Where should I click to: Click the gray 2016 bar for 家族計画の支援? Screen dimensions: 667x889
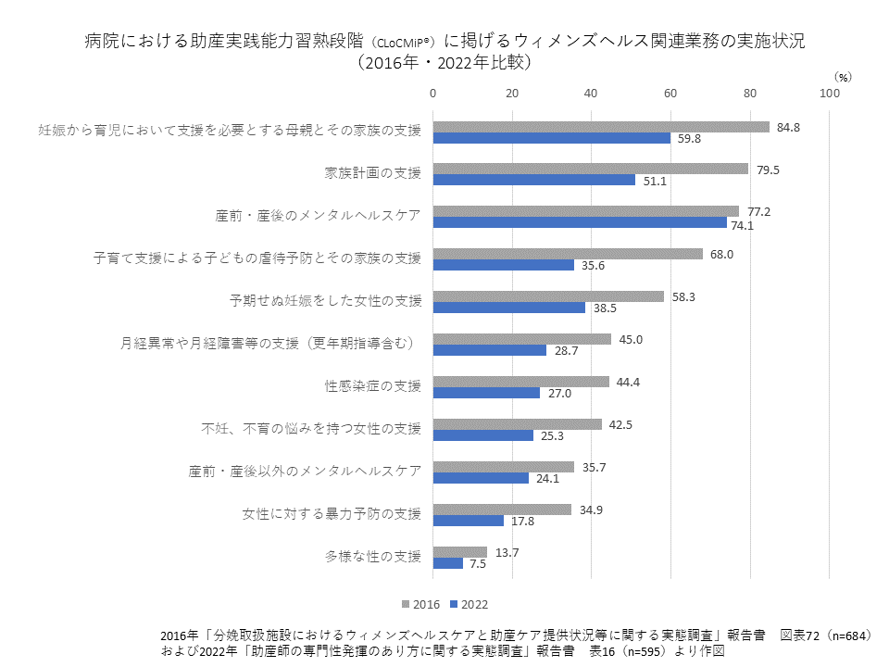point(591,169)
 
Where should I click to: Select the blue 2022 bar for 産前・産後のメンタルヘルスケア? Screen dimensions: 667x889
point(580,222)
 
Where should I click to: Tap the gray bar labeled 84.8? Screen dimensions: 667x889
point(601,127)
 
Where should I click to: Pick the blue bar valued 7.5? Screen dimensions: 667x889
point(448,563)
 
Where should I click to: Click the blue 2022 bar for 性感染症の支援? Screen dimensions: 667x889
point(486,393)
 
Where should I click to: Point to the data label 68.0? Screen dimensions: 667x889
point(722,254)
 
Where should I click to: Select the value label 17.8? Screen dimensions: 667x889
point(522,521)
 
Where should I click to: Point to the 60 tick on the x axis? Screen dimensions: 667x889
point(670,93)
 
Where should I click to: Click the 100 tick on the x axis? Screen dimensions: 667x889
point(830,93)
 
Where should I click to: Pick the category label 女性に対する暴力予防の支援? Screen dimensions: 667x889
point(332,514)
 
